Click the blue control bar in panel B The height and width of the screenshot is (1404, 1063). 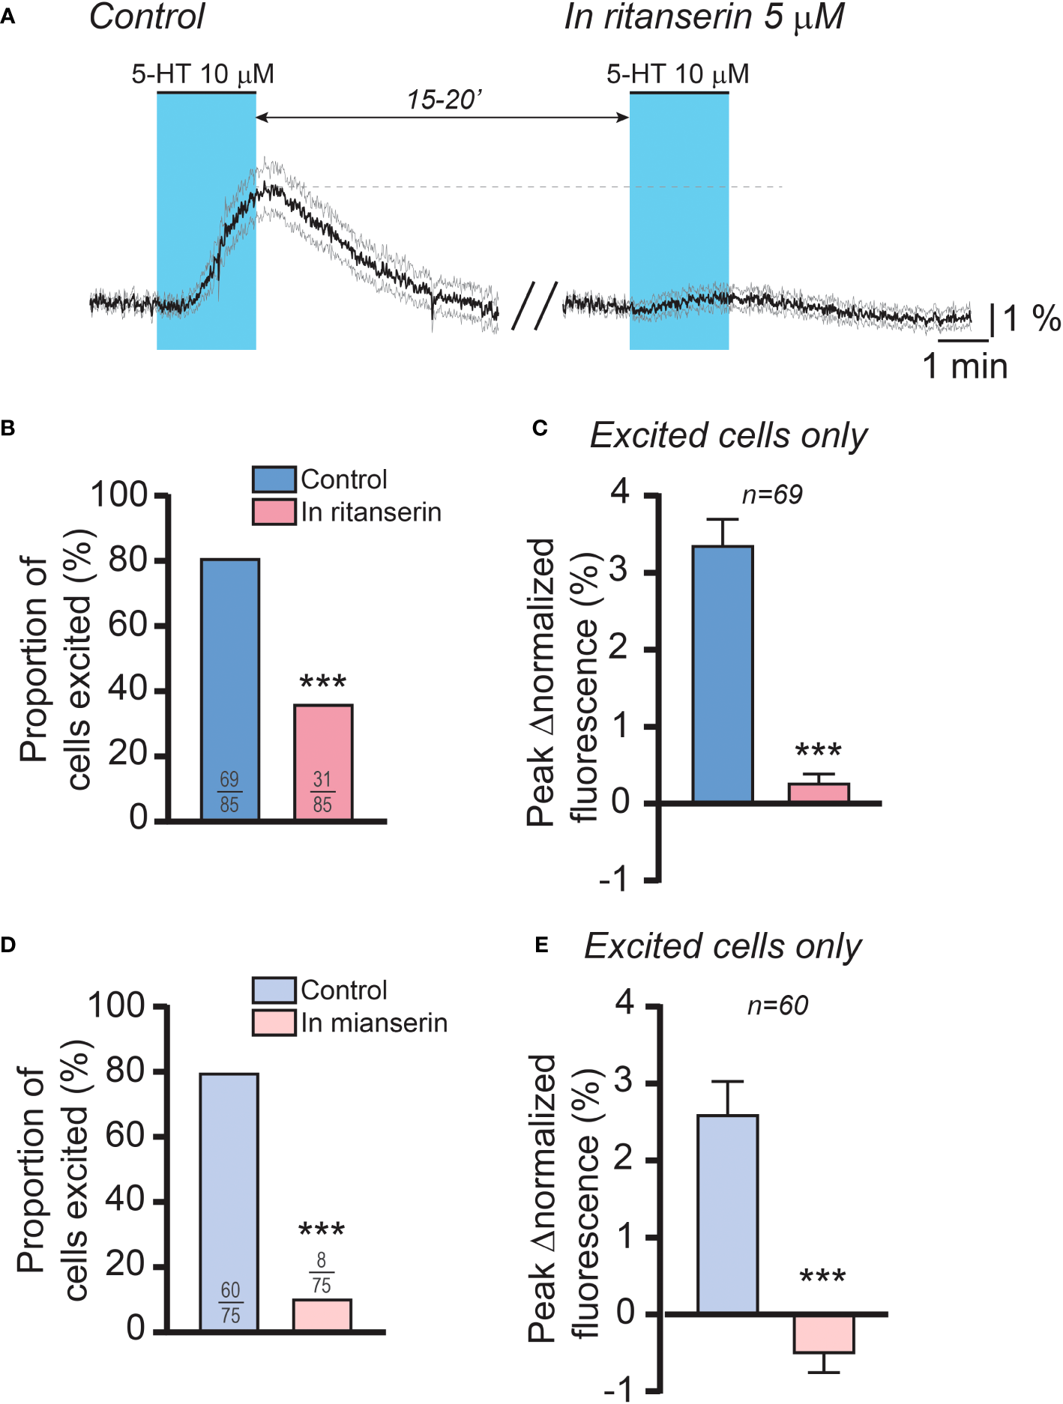(230, 689)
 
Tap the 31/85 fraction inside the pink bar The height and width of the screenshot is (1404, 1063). (322, 792)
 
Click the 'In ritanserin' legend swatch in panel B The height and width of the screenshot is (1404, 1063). (274, 512)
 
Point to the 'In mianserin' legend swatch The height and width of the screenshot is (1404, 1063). (274, 1023)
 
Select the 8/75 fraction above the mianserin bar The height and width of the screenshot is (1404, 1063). (322, 1273)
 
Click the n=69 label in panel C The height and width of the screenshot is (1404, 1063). (772, 495)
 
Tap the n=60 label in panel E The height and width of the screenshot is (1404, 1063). (777, 1005)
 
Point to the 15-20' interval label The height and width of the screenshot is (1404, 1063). (444, 100)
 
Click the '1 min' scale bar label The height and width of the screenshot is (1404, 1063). (965, 366)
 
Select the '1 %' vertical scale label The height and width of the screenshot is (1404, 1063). (1032, 318)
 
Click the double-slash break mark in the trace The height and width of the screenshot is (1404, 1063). (534, 306)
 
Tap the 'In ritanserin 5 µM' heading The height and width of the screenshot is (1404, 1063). (704, 17)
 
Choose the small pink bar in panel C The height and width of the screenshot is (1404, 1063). (819, 793)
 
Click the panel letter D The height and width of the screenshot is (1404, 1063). (8, 945)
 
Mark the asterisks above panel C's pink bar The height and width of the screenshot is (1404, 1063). (819, 751)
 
